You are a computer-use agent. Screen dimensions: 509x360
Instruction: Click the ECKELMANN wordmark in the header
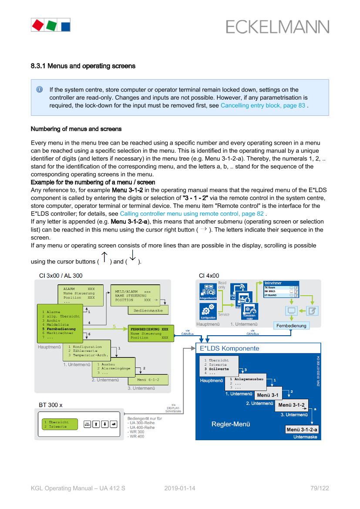tap(277, 27)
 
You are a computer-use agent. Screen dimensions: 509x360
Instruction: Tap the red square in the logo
tap(38, 25)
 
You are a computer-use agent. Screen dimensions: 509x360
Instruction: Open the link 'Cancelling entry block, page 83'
tap(263, 105)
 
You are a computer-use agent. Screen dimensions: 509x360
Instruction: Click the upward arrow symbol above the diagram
tap(104, 256)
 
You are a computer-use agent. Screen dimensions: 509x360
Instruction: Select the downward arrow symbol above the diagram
tap(133, 256)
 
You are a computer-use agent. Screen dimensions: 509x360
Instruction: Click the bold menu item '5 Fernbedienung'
tap(59, 329)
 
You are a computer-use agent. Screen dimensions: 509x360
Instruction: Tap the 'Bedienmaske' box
tap(148, 311)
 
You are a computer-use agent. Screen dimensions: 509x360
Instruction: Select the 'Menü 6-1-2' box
tap(148, 380)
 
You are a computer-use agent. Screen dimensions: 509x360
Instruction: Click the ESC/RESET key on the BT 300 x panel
tap(87, 424)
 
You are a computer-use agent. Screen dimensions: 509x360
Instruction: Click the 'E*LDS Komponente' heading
tap(229, 348)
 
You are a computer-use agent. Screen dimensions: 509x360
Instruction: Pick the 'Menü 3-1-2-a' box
tap(302, 429)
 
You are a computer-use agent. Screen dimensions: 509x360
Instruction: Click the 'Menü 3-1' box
tap(268, 395)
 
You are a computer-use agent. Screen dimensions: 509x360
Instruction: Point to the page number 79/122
tap(321, 488)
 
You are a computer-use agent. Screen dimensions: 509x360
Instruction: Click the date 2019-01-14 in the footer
tap(180, 488)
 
